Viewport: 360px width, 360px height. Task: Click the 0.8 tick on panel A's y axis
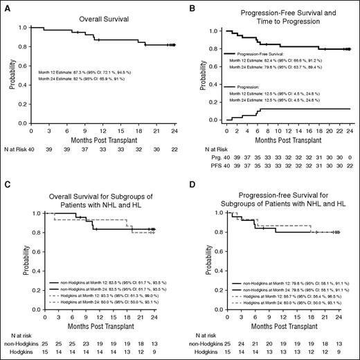22,48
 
